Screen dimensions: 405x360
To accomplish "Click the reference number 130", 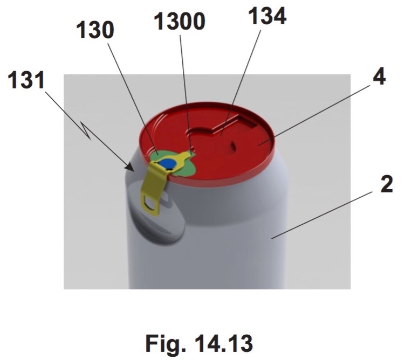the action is click(x=95, y=30).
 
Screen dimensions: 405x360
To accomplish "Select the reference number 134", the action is click(x=267, y=16).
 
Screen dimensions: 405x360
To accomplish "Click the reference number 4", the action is click(x=379, y=77).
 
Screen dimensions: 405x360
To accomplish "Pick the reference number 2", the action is click(x=387, y=184).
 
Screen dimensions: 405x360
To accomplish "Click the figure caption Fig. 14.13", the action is click(x=199, y=343).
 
